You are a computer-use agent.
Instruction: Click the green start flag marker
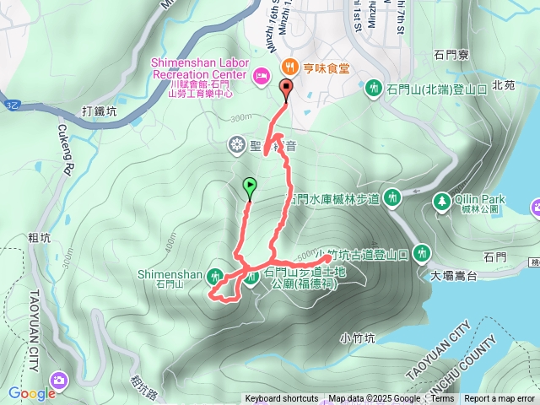[x=250, y=186]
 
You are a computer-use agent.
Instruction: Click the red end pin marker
[x=285, y=88]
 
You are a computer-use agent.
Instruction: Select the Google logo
[x=33, y=393]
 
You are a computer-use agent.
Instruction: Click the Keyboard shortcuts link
[x=281, y=399]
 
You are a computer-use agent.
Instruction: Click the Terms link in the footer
[x=442, y=399]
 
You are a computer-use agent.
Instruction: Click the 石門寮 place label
[x=451, y=54]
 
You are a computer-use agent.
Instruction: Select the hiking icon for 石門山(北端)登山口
[x=373, y=87]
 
